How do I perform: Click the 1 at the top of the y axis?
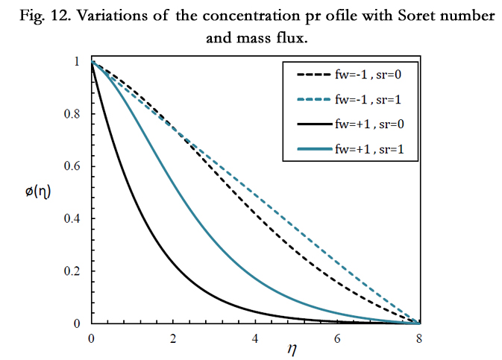(x=78, y=63)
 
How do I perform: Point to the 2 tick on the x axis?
(x=173, y=338)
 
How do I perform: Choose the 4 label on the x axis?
(x=255, y=338)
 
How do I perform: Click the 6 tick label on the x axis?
(x=337, y=338)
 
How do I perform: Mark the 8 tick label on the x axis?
(x=419, y=338)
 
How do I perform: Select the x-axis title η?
(x=253, y=351)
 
